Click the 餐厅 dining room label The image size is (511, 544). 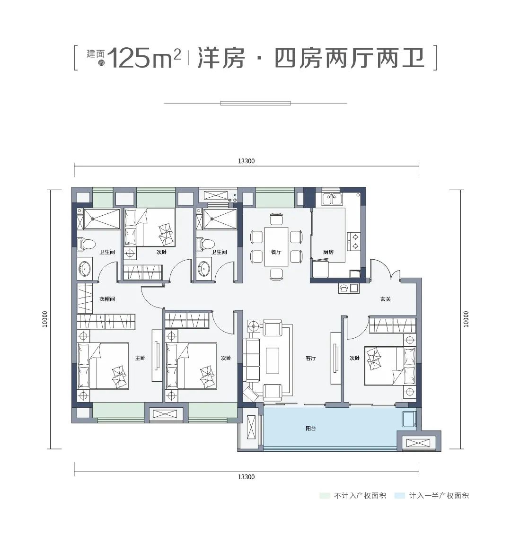(x=276, y=252)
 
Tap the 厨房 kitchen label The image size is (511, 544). (x=328, y=252)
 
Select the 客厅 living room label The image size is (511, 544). (x=310, y=358)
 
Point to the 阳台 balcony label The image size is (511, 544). (x=310, y=429)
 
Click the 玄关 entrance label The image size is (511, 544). (x=385, y=299)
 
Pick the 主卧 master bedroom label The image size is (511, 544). (x=140, y=358)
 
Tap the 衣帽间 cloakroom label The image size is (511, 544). (x=107, y=299)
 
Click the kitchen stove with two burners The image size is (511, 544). (x=354, y=241)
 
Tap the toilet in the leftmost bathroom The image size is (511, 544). (x=86, y=244)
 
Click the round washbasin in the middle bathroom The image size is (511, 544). (x=204, y=268)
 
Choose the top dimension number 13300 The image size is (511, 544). (x=246, y=161)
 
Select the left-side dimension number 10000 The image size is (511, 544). (x=45, y=319)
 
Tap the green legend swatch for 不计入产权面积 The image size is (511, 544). (x=325, y=495)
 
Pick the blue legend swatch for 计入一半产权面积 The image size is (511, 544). (x=400, y=495)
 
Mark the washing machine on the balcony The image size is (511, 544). (x=408, y=419)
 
